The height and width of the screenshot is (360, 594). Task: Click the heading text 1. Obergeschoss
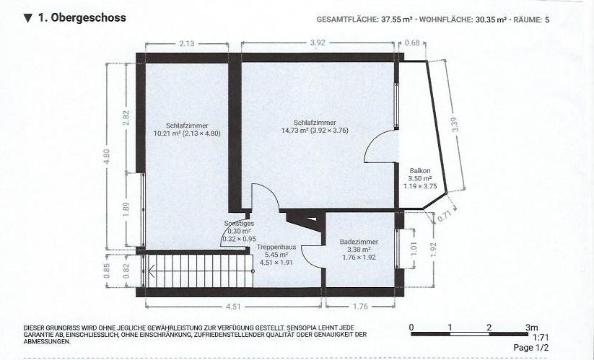point(82,18)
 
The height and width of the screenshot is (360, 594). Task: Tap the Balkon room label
point(420,171)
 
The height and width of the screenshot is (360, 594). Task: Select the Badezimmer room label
point(359,242)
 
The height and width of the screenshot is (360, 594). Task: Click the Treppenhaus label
point(276,247)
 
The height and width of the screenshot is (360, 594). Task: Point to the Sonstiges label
point(239,224)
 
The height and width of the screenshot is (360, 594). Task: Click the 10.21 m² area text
point(167,133)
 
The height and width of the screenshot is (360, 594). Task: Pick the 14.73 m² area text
point(295,131)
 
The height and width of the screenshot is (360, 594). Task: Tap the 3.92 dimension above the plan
point(318,43)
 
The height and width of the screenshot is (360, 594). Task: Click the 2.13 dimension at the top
point(187,43)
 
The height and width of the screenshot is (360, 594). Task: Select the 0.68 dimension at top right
point(412,43)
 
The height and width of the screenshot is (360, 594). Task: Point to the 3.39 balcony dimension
point(455,125)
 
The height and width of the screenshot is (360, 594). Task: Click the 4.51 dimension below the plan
point(233,307)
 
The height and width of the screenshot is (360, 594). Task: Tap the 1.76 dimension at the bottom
point(360,307)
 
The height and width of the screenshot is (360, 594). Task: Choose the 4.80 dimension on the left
point(106,156)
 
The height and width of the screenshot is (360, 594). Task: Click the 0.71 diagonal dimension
point(445,217)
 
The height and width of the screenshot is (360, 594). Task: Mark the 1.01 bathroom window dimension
point(414,249)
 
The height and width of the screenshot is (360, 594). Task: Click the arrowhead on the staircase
point(152,271)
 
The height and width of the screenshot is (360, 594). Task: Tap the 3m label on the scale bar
point(531,328)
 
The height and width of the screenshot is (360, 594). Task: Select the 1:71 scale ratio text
point(541,338)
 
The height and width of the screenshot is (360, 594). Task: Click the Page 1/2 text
point(530,348)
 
